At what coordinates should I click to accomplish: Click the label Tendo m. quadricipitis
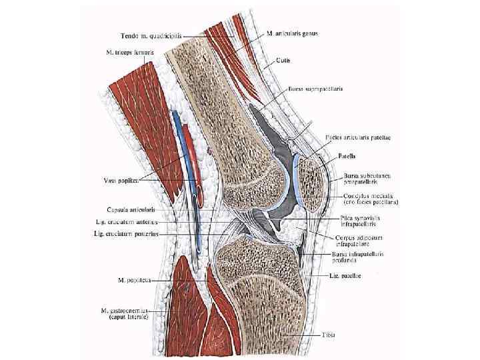151,35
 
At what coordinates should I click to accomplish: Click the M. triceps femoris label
131,51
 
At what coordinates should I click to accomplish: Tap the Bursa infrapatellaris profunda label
357,258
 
